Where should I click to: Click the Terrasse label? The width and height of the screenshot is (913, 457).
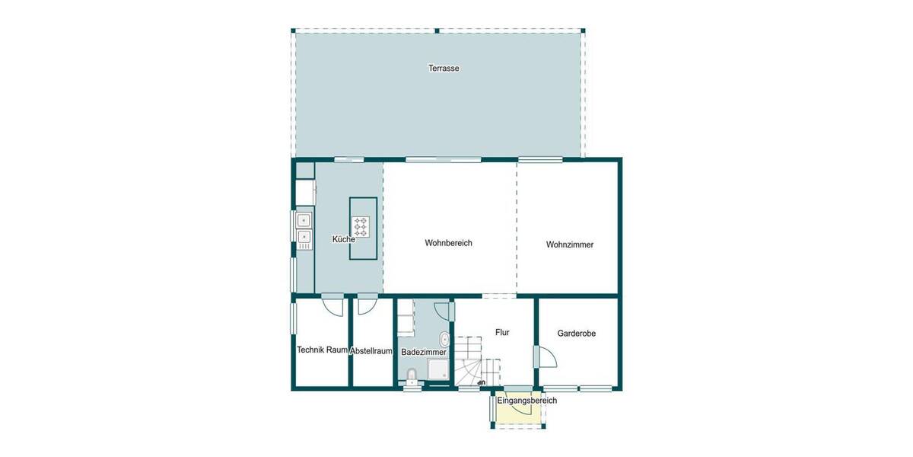(444, 69)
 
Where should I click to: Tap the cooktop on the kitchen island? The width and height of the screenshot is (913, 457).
(361, 225)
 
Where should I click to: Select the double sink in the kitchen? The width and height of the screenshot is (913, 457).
(304, 230)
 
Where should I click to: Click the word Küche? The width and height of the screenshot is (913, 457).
(344, 240)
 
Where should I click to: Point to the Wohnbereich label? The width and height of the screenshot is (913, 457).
(449, 244)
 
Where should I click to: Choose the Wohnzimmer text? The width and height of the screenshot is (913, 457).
(569, 245)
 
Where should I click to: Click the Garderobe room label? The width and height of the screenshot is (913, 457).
(576, 334)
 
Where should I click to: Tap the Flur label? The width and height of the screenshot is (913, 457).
(502, 333)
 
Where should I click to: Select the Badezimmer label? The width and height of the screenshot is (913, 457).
(424, 353)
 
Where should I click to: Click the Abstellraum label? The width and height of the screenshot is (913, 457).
(371, 351)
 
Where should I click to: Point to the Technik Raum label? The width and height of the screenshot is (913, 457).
(323, 350)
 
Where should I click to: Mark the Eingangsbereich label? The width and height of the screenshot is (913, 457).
(527, 401)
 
